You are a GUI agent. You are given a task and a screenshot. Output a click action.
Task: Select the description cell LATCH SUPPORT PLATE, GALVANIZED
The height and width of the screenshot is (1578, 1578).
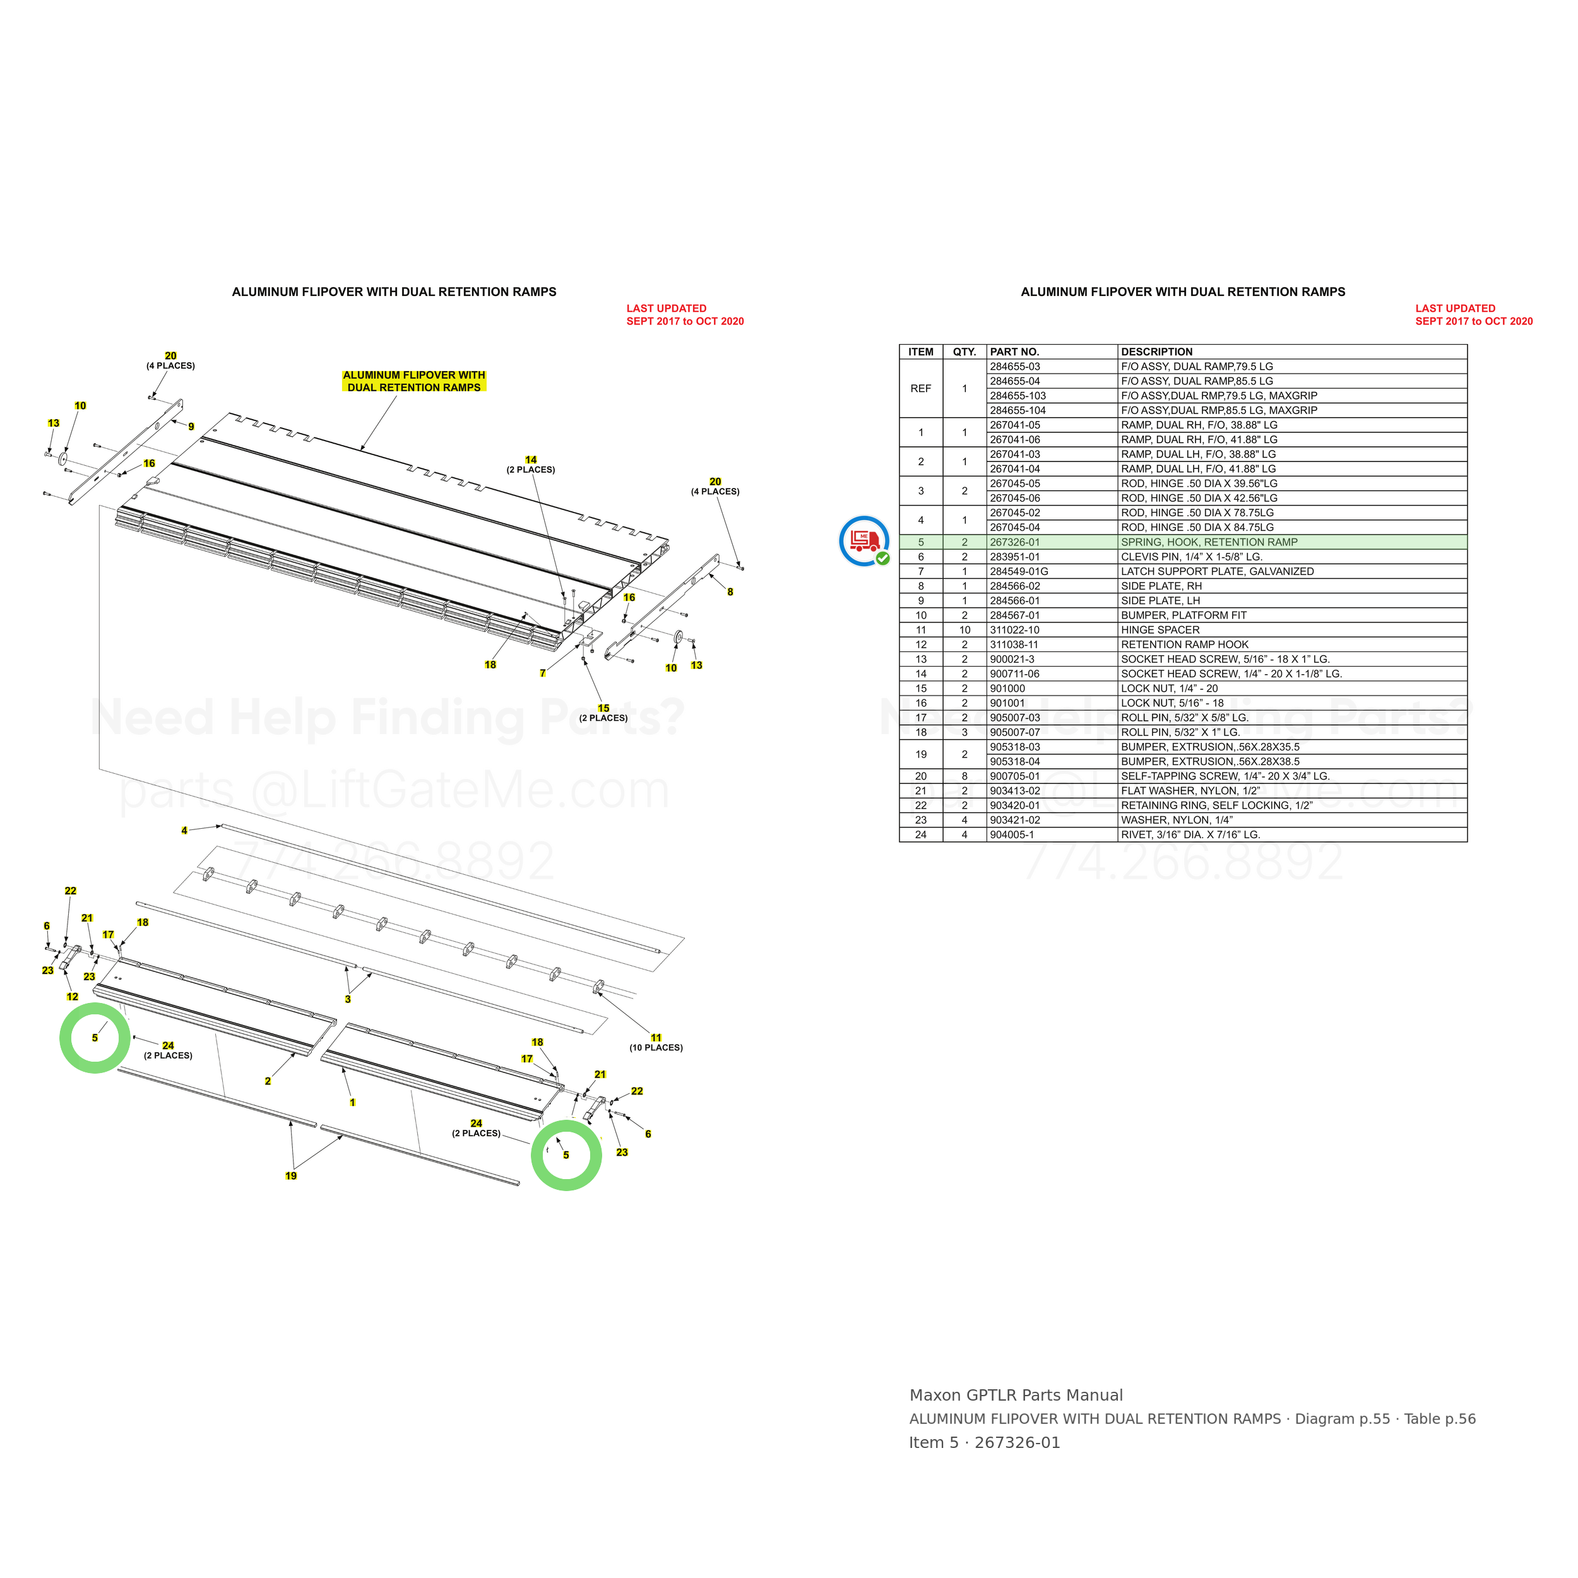coord(1217,572)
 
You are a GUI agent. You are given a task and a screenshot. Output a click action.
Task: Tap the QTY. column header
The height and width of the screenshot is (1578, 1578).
coord(964,352)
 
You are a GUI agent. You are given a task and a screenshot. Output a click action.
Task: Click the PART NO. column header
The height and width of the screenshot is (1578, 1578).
coord(1014,352)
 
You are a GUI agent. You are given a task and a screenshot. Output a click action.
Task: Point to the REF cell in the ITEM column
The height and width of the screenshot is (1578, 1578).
coord(920,389)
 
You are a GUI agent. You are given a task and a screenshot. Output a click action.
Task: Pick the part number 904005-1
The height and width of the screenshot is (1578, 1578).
coord(1012,834)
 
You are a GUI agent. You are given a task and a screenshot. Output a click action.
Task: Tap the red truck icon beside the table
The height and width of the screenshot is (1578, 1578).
coord(864,541)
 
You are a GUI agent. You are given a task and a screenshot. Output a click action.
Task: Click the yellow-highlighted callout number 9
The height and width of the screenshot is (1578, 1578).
coord(191,426)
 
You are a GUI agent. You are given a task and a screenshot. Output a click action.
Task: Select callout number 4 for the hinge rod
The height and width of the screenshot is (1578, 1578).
coord(184,831)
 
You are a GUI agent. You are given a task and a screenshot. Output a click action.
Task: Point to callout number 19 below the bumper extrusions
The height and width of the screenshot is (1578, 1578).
coord(291,1176)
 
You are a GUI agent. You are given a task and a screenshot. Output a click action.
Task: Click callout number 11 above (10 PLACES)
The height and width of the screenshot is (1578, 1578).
coord(656,1038)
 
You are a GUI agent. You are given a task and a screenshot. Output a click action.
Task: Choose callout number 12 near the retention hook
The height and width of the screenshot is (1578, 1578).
coord(73,997)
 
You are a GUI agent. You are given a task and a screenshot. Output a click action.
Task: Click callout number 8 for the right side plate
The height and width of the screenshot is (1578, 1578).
coord(730,592)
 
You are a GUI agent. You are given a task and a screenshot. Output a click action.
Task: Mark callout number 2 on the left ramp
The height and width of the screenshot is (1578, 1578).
coord(267,1081)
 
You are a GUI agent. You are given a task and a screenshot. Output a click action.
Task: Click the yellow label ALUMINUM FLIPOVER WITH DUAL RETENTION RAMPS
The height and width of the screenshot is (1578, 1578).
coord(414,381)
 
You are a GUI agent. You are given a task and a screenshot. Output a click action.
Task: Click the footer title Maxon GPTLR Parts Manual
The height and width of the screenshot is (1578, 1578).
coord(1016,1395)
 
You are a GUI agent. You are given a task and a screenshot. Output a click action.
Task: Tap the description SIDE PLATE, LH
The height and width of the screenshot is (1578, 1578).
coord(1160,600)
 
